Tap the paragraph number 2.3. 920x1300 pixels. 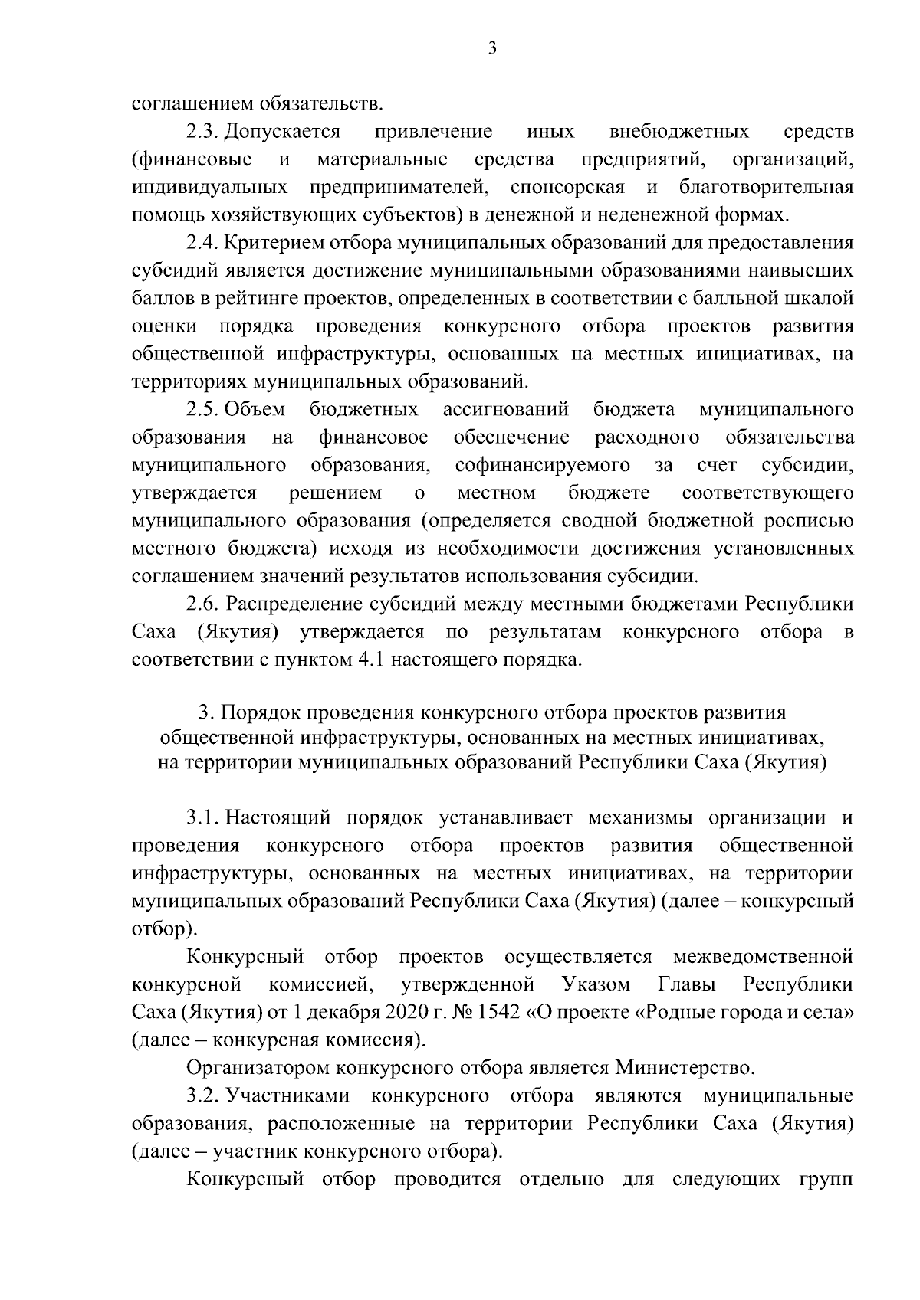[x=203, y=132]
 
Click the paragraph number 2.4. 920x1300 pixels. [x=203, y=243]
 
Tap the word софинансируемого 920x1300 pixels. [x=543, y=465]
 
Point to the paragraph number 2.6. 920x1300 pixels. [x=203, y=604]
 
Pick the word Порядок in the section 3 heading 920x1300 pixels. [x=257, y=712]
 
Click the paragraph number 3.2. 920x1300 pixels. [x=203, y=1095]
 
